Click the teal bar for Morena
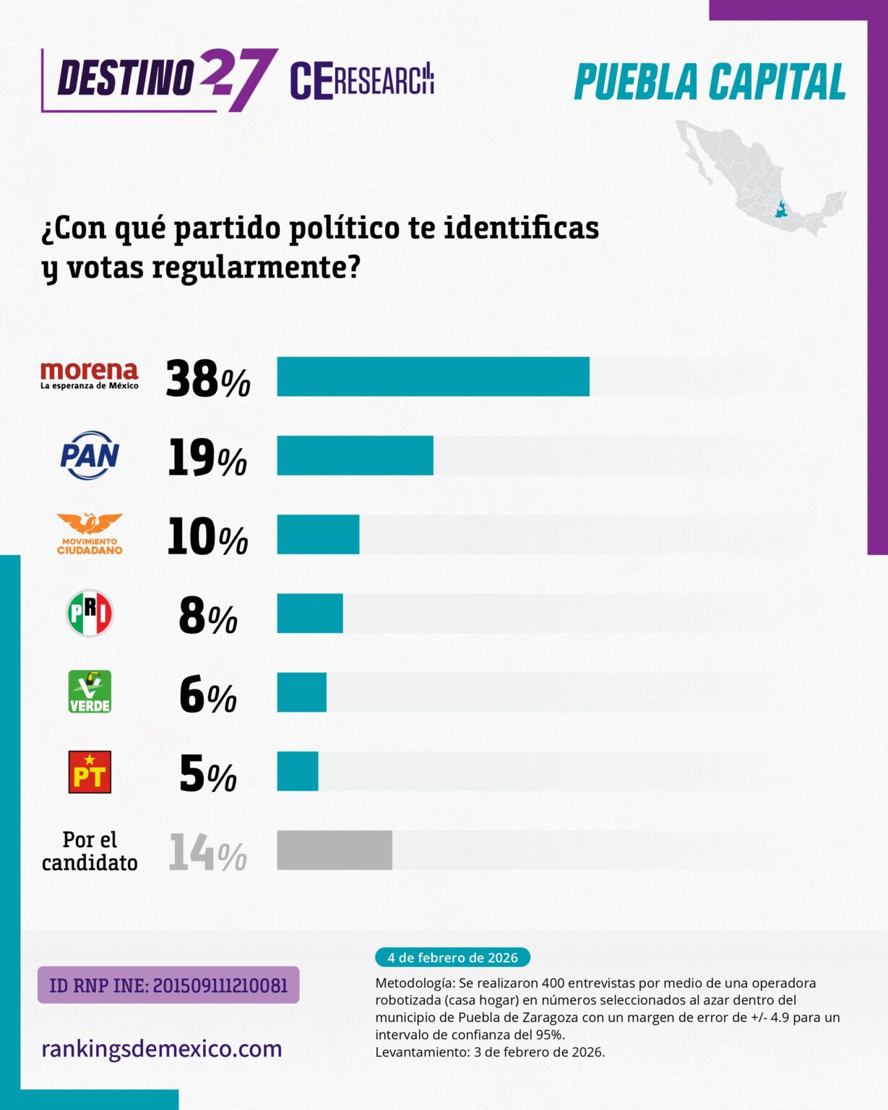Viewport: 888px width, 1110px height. tap(433, 377)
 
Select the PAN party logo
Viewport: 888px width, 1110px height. tap(90, 455)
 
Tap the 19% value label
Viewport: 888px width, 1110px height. tap(207, 458)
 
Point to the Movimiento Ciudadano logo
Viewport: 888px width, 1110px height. tap(90, 534)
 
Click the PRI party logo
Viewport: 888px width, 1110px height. tap(90, 614)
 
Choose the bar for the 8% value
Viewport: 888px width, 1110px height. tap(309, 614)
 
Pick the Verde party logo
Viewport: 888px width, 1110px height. tap(90, 692)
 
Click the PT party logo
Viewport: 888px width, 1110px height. tap(90, 772)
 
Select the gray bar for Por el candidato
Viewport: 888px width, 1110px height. tap(335, 850)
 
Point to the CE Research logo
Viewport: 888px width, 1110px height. tap(361, 80)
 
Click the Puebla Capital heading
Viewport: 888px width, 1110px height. tap(710, 82)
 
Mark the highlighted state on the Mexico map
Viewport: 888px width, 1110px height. tap(780, 210)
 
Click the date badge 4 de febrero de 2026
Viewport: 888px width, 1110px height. tap(452, 958)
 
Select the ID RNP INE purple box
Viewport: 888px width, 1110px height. tap(168, 985)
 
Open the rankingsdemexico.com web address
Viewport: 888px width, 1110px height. tap(162, 1049)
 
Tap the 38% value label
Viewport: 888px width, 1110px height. tap(207, 379)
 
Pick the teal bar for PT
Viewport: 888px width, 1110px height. tap(298, 771)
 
